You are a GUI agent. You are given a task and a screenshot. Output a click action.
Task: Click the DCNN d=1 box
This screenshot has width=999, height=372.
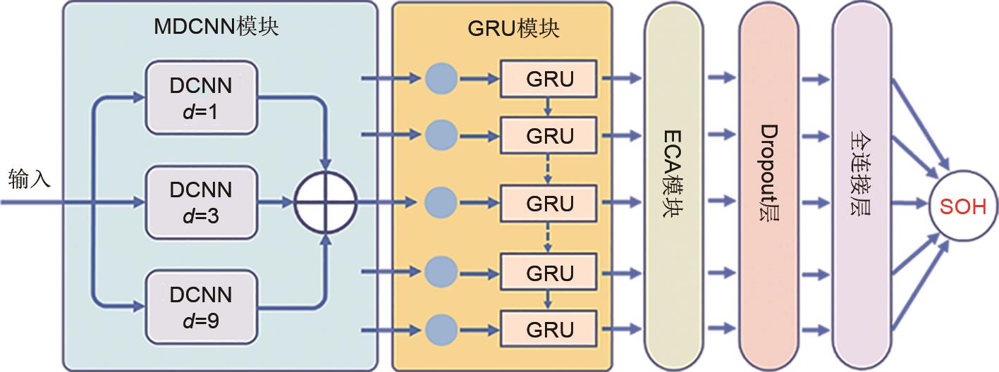pos(201,97)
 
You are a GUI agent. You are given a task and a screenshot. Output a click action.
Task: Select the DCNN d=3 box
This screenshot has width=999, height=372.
pos(201,203)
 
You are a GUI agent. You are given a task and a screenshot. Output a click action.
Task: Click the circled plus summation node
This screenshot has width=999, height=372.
pos(325,203)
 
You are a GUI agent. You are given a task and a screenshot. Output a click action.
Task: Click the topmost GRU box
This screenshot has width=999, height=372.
pos(549,77)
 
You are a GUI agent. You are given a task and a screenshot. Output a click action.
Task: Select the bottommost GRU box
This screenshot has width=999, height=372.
pos(549,329)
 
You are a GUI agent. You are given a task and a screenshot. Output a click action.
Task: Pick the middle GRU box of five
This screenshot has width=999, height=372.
pos(549,203)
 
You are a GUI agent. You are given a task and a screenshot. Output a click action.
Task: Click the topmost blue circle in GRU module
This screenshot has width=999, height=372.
pos(442,77)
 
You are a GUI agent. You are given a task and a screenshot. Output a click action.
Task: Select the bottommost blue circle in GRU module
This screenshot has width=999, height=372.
pos(442,329)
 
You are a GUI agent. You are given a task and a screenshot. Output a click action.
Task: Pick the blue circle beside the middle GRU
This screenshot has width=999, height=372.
pos(442,203)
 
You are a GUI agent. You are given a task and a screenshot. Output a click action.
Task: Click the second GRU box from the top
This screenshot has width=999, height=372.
pos(549,135)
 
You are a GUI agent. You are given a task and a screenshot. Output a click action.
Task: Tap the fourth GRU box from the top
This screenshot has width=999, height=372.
pos(549,273)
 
